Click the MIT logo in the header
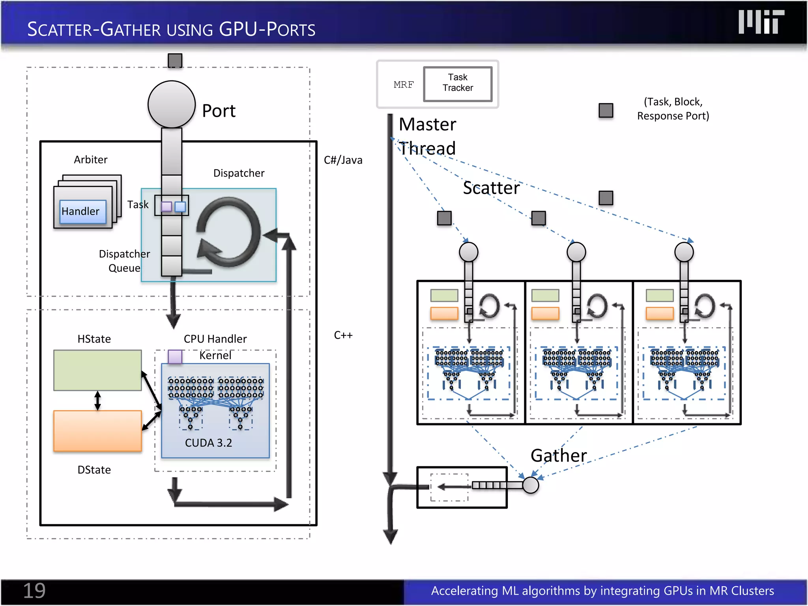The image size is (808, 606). click(x=761, y=22)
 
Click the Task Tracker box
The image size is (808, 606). click(x=458, y=84)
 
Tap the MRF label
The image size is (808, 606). click(x=404, y=84)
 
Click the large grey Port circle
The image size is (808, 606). click(x=172, y=105)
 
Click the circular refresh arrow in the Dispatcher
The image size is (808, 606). click(x=228, y=232)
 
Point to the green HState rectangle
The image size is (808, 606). click(x=97, y=370)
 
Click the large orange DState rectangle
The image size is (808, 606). click(x=97, y=431)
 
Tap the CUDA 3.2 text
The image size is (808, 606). click(x=208, y=443)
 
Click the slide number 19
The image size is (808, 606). click(x=34, y=591)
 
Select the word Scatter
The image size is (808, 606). click(x=491, y=188)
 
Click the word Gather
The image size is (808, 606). click(x=559, y=456)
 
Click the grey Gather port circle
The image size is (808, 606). click(x=531, y=485)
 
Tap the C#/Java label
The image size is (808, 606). click(x=343, y=160)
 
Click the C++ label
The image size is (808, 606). click(x=343, y=335)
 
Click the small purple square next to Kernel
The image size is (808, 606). click(x=175, y=357)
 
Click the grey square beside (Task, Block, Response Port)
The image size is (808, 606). click(x=606, y=110)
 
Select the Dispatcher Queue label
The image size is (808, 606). click(x=124, y=261)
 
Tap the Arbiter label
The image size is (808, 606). click(x=90, y=160)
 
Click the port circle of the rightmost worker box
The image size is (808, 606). click(x=684, y=252)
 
